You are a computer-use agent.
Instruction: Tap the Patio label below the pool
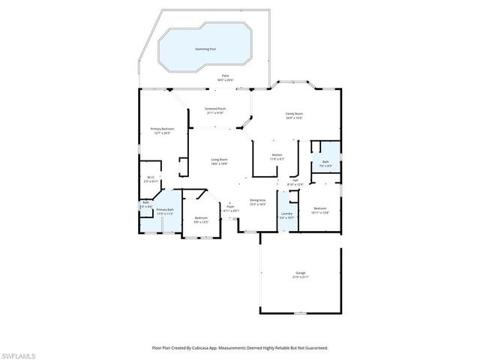(x=226, y=76)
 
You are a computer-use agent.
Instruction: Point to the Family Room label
(x=293, y=115)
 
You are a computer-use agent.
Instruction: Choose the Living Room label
(x=219, y=161)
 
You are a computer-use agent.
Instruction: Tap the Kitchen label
(x=277, y=156)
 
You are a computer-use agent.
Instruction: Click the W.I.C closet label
(x=151, y=178)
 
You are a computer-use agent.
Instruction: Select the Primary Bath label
(x=165, y=211)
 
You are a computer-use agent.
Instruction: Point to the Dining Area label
(x=258, y=201)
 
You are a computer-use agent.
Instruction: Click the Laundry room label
(x=286, y=214)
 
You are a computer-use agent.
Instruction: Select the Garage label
(x=300, y=274)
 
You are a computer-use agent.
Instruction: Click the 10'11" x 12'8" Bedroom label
(x=320, y=209)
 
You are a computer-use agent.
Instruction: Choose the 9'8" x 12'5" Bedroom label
(x=201, y=219)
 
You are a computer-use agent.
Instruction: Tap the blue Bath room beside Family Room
(x=325, y=163)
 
